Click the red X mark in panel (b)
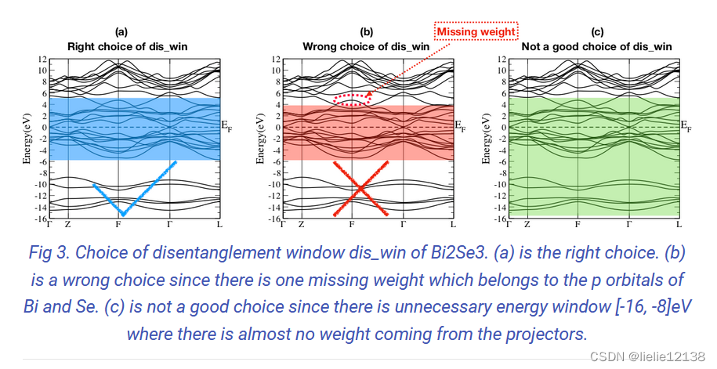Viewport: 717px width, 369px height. pos(360,189)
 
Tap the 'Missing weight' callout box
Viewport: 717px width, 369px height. pos(476,32)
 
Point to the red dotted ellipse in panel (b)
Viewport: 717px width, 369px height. pos(350,99)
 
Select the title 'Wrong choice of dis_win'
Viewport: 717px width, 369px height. pos(366,46)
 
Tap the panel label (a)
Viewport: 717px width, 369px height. pos(121,32)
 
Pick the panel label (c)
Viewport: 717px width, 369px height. pos(598,32)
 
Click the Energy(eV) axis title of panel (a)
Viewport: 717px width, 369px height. pos(27,139)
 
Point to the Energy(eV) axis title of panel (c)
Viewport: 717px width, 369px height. pos(487,139)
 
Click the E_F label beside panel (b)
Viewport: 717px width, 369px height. pos(462,125)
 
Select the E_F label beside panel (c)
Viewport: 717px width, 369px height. pos(686,125)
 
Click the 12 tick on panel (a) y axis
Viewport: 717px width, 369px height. pos(43,60)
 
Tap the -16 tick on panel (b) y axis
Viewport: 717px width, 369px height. pos(273,219)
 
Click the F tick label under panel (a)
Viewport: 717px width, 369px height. pos(118,224)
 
